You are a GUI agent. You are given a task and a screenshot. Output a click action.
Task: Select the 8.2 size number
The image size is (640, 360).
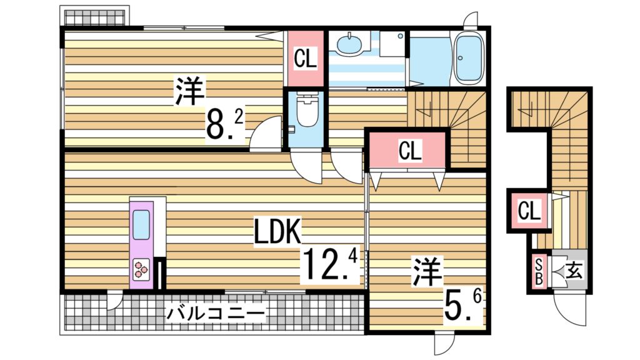pos(226,124)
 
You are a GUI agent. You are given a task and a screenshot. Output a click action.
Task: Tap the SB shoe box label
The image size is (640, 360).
pos(537,271)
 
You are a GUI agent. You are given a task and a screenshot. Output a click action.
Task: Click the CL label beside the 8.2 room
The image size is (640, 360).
pos(305,59)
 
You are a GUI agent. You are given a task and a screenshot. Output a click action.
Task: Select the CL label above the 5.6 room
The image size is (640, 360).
pos(409,151)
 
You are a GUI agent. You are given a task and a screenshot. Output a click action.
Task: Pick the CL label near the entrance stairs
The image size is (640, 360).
pos(529,211)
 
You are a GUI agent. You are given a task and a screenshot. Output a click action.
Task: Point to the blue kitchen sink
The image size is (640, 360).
pos(141,225)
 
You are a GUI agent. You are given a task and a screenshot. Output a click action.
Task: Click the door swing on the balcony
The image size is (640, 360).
pos(114,301)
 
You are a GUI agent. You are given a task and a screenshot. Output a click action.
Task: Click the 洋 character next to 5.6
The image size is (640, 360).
pos(427,272)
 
